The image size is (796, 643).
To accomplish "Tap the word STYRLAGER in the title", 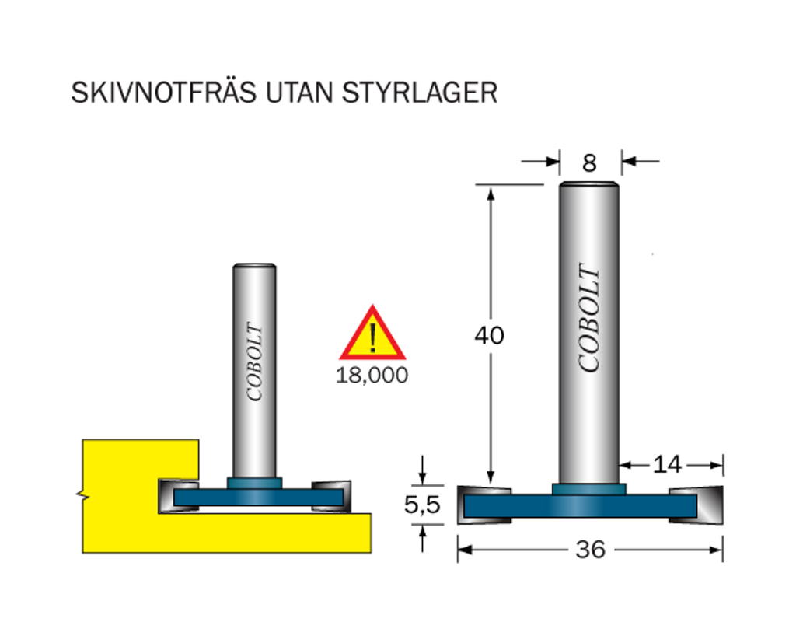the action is (420, 93).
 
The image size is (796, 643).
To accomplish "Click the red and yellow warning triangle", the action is (372, 334).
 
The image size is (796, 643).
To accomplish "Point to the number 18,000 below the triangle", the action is (372, 376).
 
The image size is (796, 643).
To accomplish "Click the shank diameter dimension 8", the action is (589, 163).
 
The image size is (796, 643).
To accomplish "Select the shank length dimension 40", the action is (490, 335).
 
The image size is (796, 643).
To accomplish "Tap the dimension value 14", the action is (667, 464).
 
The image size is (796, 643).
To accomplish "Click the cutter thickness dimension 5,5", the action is (422, 505).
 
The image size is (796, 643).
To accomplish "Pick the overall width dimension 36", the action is (591, 550).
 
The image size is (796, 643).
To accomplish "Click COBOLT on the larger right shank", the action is (589, 317).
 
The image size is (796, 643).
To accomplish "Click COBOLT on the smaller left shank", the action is (254, 361).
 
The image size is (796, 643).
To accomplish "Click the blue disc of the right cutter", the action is (580, 506).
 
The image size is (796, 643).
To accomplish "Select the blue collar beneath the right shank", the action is (589, 489).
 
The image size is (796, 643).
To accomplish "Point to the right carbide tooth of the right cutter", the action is (696, 505).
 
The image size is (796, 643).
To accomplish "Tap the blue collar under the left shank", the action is (254, 483).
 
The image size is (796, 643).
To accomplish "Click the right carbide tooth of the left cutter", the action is (331, 496).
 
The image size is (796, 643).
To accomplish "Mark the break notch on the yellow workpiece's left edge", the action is (83, 494).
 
